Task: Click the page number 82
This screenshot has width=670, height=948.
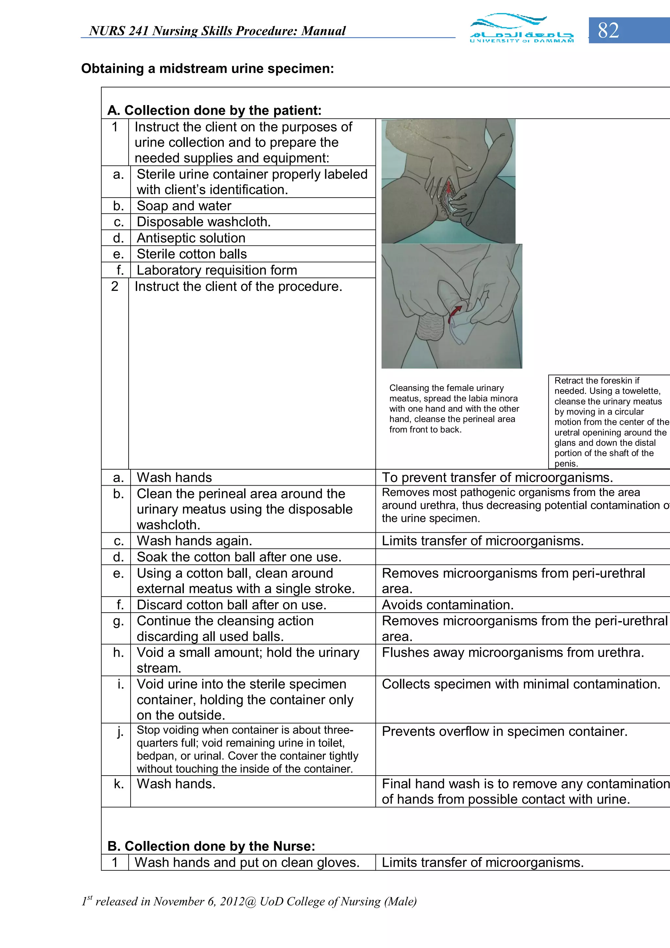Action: point(608,30)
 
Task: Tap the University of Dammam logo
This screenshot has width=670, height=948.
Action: point(521,28)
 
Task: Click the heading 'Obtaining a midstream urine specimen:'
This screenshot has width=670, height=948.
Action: point(207,68)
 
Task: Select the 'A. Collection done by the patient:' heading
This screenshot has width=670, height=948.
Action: point(214,110)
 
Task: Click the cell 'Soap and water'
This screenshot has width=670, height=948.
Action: point(184,206)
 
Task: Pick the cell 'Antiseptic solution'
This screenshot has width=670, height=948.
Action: point(191,238)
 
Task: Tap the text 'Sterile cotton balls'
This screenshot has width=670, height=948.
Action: point(192,254)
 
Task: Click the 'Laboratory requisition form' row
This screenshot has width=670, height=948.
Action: point(217,270)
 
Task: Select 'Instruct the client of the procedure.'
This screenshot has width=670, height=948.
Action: point(238,286)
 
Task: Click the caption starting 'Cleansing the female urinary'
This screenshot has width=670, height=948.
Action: point(454,408)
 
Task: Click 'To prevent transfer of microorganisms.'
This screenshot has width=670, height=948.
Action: point(497,477)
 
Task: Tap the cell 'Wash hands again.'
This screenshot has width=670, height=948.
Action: point(194,541)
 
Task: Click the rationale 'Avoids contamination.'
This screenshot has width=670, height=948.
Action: point(448,605)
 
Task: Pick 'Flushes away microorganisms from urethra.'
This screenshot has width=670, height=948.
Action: point(513,653)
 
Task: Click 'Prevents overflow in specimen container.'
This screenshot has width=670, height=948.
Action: point(504,731)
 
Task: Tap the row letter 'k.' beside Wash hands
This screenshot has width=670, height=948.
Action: point(119,784)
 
